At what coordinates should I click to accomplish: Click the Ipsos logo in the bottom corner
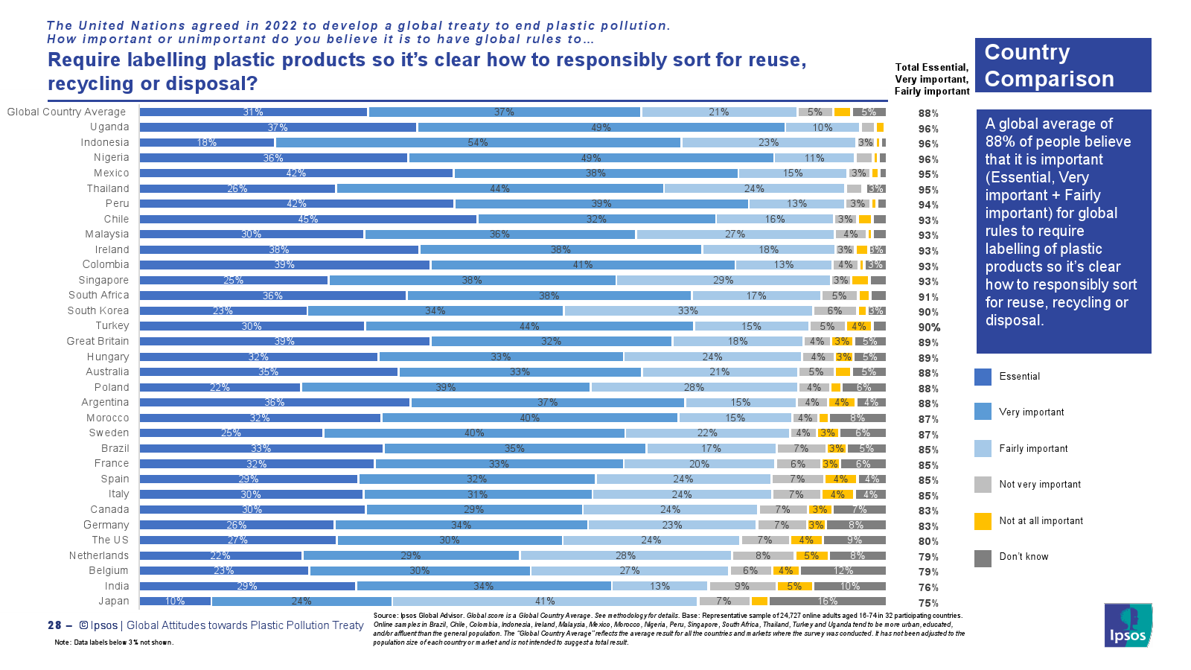tap(1128, 625)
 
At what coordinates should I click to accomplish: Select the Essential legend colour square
tap(983, 377)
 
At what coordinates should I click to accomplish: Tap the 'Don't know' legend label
tap(1024, 557)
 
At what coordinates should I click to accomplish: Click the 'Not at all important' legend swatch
tap(983, 521)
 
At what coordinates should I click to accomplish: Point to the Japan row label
tap(114, 602)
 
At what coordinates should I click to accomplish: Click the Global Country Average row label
tap(66, 112)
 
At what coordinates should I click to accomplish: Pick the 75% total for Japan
tap(928, 603)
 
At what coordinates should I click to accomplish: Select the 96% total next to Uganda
tap(928, 129)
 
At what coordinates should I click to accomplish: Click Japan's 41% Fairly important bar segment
tap(545, 602)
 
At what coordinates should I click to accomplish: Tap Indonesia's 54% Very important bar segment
tap(478, 143)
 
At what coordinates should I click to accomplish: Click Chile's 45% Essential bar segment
tap(308, 220)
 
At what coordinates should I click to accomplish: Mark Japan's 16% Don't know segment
tap(827, 602)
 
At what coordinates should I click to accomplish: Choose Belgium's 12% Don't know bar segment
tap(843, 571)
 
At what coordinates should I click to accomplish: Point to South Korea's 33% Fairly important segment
tap(688, 311)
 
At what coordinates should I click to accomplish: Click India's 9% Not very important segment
tap(741, 587)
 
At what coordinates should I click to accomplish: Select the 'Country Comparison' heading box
tap(1063, 66)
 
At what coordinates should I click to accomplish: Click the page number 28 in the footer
tap(54, 625)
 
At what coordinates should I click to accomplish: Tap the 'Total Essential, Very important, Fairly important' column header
tap(932, 79)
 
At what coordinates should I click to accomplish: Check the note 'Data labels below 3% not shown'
tap(114, 642)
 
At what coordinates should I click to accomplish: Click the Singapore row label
tap(103, 281)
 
